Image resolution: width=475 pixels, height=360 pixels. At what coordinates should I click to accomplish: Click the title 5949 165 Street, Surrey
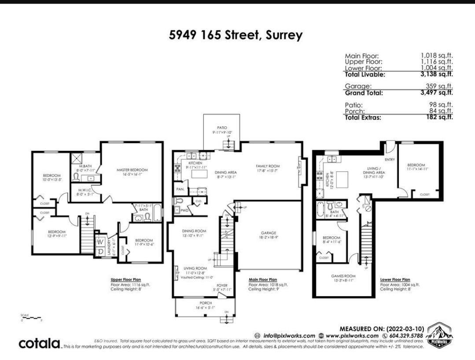[x=236, y=35]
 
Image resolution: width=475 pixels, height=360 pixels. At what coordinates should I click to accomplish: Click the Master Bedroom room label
[x=132, y=170]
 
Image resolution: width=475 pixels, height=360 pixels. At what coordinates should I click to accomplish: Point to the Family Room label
[x=268, y=166]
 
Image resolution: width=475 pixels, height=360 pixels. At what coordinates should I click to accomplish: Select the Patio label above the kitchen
[x=221, y=128]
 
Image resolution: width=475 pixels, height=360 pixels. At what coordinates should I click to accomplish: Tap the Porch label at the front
[x=206, y=303]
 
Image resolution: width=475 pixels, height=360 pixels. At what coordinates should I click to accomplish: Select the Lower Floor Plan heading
[x=395, y=279]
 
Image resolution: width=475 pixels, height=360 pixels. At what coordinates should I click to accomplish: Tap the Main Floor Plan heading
[x=263, y=279]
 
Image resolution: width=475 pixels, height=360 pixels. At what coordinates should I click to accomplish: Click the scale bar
[x=31, y=317]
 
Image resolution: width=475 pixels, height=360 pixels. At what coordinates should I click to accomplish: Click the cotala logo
[x=39, y=343]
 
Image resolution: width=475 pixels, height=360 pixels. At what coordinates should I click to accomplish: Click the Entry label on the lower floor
[x=390, y=159]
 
